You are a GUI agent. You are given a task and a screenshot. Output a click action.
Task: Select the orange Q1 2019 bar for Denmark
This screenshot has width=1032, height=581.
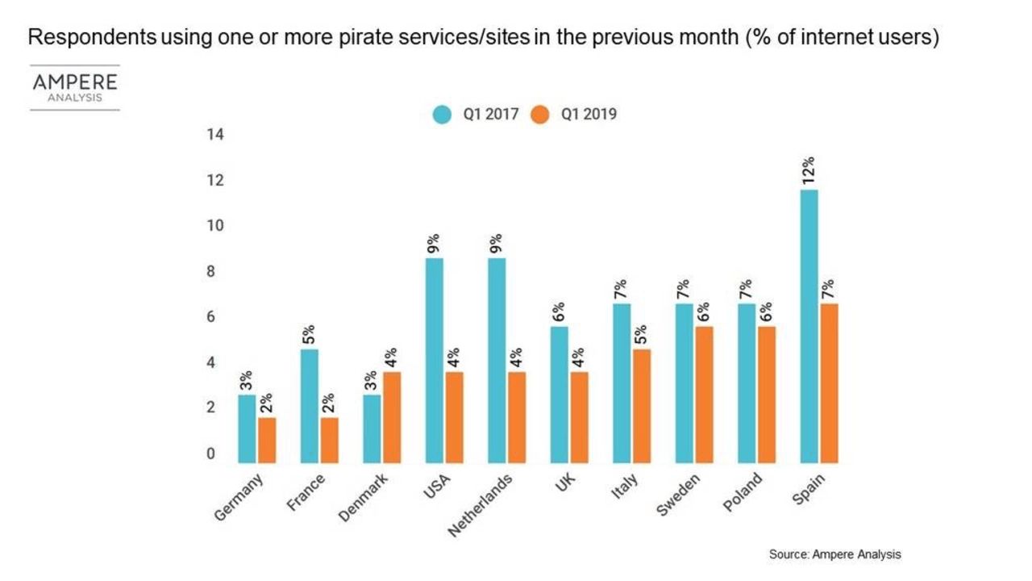point(391,417)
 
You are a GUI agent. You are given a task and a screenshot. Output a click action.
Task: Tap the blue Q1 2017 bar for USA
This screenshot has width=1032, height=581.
point(434,361)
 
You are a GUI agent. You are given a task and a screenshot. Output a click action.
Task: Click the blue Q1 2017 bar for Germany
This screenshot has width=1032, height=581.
point(247,428)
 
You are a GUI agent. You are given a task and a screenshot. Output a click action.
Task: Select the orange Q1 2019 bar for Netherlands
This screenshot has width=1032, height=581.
point(516,417)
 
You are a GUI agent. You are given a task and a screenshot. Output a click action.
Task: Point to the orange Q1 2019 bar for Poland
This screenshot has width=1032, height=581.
point(765,395)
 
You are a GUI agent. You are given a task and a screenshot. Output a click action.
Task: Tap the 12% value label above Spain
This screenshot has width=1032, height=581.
point(809,171)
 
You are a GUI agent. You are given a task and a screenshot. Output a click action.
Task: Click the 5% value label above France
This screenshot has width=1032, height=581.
point(310,332)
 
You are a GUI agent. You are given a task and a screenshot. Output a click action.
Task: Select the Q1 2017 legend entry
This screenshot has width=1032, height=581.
point(476,114)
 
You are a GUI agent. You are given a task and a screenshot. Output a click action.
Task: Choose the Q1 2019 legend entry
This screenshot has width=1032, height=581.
point(574,114)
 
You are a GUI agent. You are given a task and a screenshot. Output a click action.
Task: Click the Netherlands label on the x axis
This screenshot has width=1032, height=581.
point(481,505)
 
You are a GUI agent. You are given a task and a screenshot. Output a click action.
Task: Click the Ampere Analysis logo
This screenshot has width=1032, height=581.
point(75,87)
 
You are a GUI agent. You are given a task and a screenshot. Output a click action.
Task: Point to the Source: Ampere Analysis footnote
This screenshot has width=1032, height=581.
point(834,554)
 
